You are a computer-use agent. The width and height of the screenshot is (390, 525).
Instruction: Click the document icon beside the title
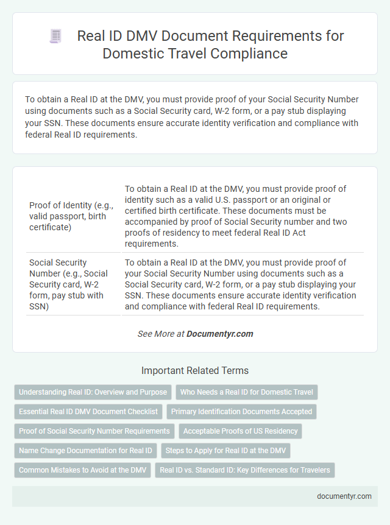[55, 37]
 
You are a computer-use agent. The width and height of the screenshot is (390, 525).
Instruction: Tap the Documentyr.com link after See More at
[219, 334]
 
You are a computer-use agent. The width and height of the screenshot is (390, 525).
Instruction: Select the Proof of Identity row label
[71, 216]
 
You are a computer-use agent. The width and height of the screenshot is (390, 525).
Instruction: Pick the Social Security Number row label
[68, 284]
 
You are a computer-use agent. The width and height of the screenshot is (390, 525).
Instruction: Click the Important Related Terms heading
[194, 370]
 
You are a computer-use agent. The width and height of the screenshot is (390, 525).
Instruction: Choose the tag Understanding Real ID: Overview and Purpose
[92, 392]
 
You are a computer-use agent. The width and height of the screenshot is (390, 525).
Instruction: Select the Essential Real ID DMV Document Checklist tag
[88, 412]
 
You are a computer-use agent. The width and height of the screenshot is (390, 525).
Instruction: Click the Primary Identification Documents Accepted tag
[241, 412]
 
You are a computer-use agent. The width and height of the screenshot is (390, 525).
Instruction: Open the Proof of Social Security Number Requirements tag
[94, 431]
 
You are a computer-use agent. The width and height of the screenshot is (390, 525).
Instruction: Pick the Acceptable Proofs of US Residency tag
[240, 431]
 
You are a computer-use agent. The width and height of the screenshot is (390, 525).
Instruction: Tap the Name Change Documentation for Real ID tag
[85, 451]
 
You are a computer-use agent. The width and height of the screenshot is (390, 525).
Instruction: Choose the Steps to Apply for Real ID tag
[225, 451]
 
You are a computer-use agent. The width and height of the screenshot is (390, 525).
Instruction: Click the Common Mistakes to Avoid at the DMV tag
[82, 470]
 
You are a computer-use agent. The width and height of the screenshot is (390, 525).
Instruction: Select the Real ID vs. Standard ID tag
[245, 470]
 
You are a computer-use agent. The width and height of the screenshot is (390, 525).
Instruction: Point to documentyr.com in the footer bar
[344, 496]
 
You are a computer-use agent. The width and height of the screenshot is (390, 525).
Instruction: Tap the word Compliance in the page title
[251, 53]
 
